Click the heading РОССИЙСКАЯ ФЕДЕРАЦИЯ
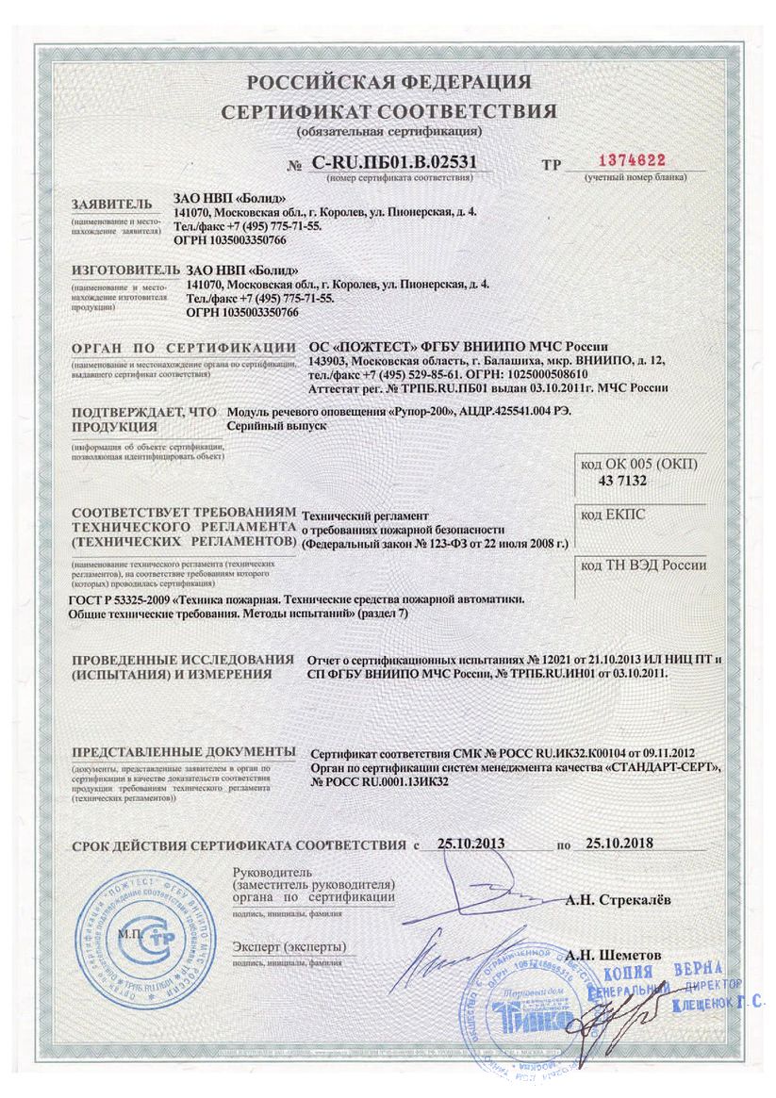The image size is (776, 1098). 388,82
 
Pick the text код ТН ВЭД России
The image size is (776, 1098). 643,565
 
